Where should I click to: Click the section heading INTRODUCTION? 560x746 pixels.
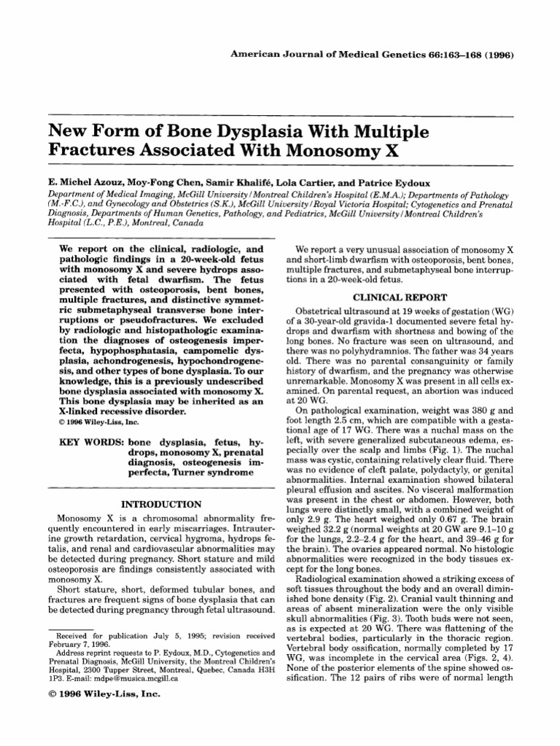[x=160, y=503]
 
